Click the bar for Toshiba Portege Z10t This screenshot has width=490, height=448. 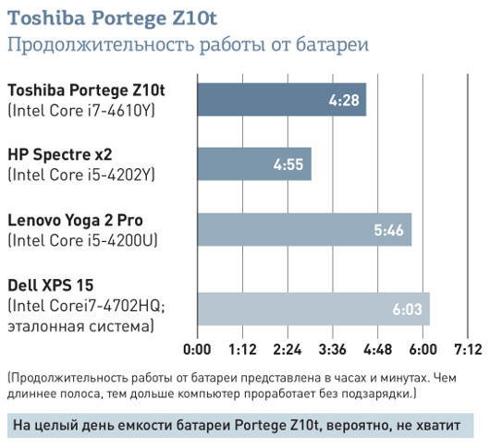pos(282,100)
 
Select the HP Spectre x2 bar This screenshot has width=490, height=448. pos(254,164)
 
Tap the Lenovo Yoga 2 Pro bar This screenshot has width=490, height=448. pos(304,230)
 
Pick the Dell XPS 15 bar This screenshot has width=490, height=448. pos(313,309)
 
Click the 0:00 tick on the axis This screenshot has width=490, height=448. pos(198,350)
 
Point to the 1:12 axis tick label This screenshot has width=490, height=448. pos(243,350)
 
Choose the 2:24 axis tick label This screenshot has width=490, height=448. pos(288,350)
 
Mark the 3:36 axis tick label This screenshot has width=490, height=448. pos(333,350)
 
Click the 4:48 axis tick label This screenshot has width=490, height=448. pos(378,350)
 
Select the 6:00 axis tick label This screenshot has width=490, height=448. pos(423,350)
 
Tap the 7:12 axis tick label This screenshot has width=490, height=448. pos(468,350)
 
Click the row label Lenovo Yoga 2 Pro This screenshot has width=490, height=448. pos(76,220)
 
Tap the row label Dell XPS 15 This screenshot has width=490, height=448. pos(51,285)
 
